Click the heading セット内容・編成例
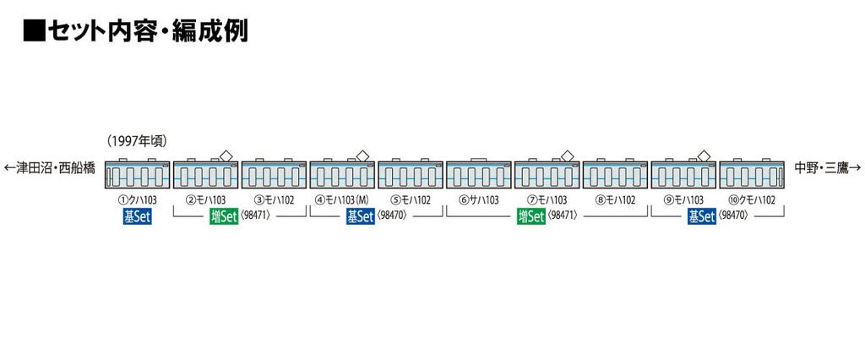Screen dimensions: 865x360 click(x=136, y=32)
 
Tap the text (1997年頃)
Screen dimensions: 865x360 click(x=137, y=141)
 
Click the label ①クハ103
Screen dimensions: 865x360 click(x=137, y=200)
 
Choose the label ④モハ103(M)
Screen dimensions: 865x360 click(x=342, y=200)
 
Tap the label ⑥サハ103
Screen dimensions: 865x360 click(x=479, y=200)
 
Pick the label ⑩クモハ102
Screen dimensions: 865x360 click(x=752, y=200)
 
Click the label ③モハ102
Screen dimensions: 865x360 click(x=274, y=200)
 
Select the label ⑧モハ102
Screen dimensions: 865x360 click(x=616, y=200)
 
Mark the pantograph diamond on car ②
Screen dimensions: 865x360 click(x=226, y=156)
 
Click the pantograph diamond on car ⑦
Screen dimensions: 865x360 click(x=567, y=156)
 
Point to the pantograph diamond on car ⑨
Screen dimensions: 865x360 click(x=704, y=156)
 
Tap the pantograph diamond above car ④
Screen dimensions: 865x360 click(x=362, y=156)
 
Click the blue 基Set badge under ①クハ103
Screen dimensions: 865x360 click(x=137, y=217)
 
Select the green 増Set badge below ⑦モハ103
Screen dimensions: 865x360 click(x=530, y=217)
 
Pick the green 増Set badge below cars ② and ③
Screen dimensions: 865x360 click(x=223, y=217)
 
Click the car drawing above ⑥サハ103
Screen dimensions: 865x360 click(x=479, y=174)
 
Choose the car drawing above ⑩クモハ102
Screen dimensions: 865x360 click(x=752, y=174)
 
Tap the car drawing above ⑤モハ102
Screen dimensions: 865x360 click(x=411, y=174)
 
